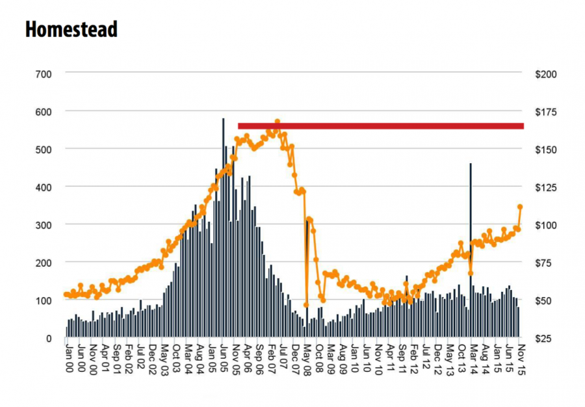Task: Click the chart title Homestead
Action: coord(71,29)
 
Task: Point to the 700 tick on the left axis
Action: coord(44,74)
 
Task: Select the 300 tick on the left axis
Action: coord(44,225)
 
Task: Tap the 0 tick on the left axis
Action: coord(49,338)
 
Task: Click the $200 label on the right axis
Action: coord(546,74)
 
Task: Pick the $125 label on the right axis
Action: coord(546,187)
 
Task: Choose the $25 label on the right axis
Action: coord(546,338)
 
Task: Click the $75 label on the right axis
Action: coord(546,263)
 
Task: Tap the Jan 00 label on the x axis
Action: coord(70,358)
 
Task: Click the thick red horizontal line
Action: coord(381,126)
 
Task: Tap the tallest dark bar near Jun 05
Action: coord(223,228)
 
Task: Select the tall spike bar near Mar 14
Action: coord(471,250)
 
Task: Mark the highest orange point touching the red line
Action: coord(277,122)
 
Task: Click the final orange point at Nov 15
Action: coord(520,207)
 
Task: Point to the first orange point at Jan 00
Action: coord(66,295)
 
